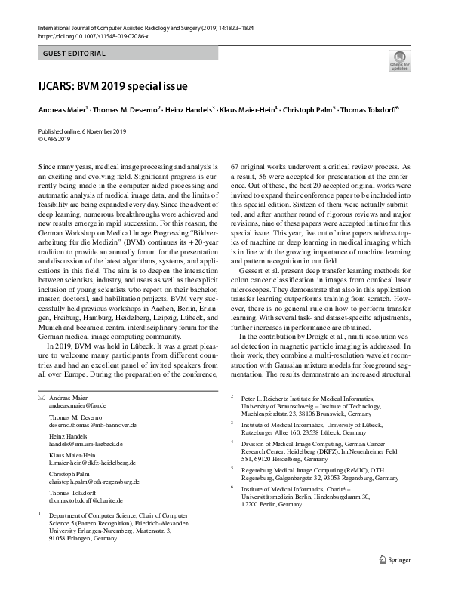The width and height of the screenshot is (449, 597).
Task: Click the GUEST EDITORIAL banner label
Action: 74,54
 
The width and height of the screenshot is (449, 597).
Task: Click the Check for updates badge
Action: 399,60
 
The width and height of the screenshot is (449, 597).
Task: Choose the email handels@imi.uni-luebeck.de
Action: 85,445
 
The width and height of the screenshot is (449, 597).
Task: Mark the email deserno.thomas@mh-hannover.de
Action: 91,425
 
